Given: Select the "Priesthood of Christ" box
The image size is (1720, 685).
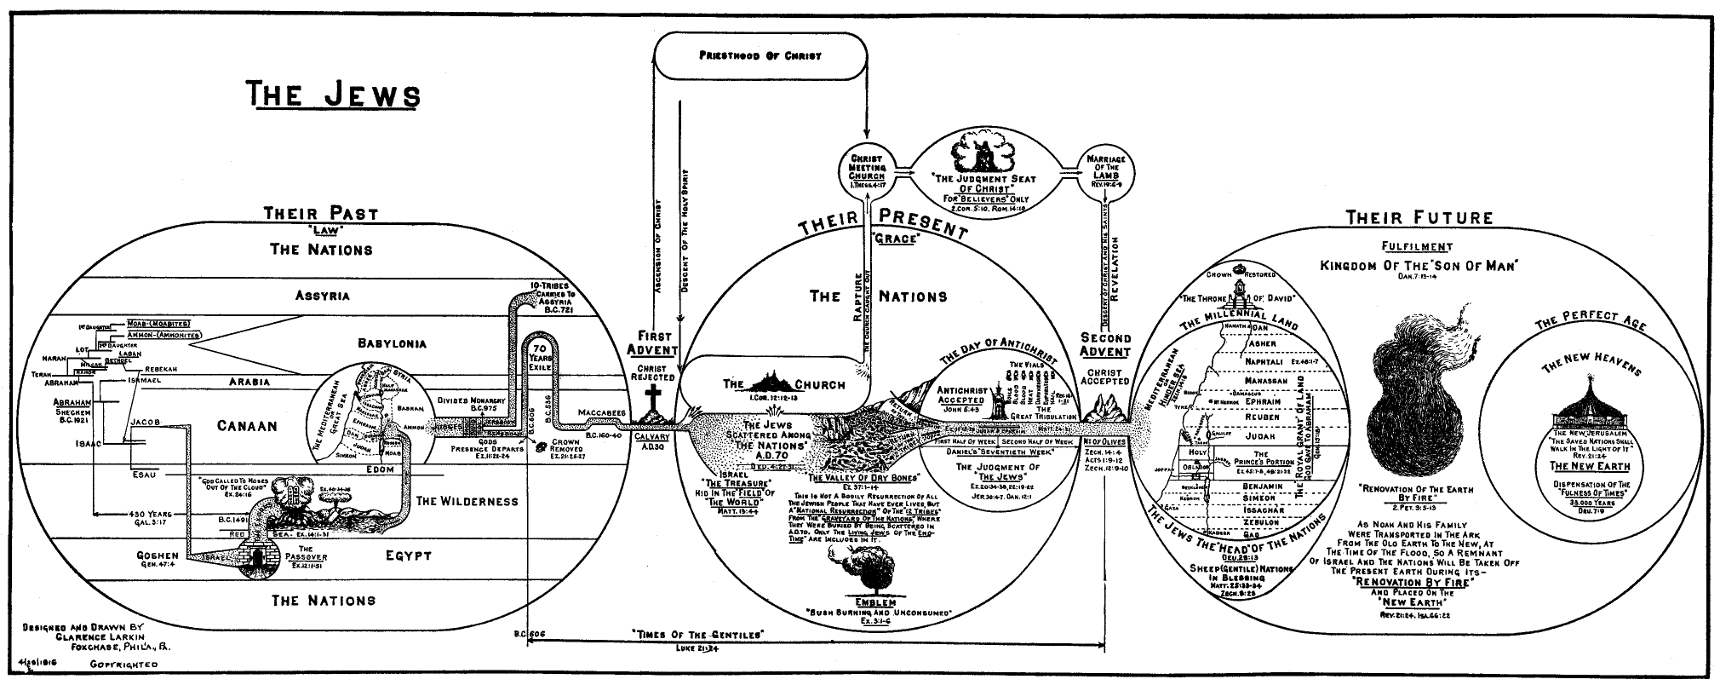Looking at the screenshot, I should point(760,55).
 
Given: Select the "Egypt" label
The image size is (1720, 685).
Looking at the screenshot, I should point(408,556).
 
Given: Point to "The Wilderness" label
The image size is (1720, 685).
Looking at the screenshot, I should point(467,501).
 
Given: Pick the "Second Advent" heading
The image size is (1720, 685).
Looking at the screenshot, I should point(1105,345).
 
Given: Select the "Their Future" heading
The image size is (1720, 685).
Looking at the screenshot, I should point(1419,218).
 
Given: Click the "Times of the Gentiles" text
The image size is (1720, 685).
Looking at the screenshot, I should point(698,634).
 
